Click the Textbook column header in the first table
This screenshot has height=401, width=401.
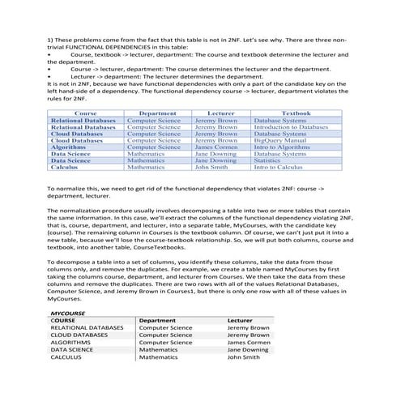[295, 114]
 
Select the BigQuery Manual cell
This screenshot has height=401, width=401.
[278, 140]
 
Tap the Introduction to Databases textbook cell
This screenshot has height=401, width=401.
[290, 127]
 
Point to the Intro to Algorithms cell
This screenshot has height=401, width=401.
[281, 147]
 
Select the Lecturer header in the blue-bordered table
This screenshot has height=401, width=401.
[220, 114]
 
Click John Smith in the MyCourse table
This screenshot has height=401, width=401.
[244, 356]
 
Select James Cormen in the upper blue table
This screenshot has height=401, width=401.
[215, 147]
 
